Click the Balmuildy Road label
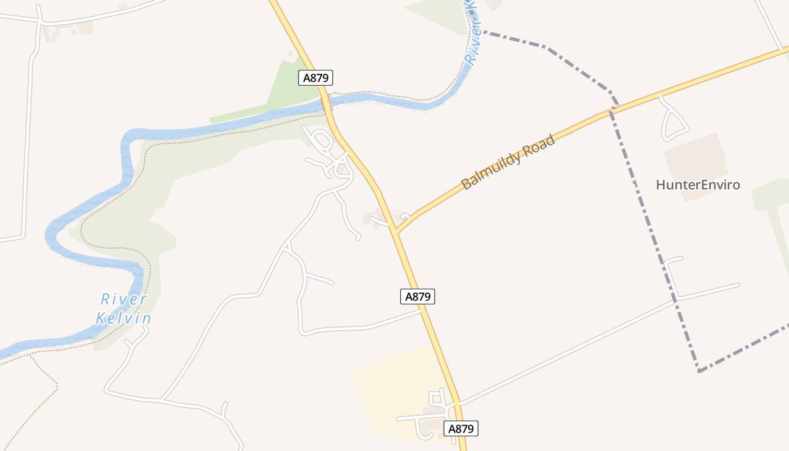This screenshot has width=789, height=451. click(x=508, y=162)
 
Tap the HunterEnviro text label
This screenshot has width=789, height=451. click(x=698, y=185)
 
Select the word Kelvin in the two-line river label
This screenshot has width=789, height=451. click(x=123, y=319)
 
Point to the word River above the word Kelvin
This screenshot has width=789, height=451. click(x=123, y=299)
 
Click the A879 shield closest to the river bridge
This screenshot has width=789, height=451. click(x=316, y=78)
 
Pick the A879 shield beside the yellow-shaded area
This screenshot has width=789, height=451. click(x=462, y=429)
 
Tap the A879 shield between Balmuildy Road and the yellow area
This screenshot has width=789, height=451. click(x=418, y=297)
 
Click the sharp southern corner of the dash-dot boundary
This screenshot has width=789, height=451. click(x=699, y=371)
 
